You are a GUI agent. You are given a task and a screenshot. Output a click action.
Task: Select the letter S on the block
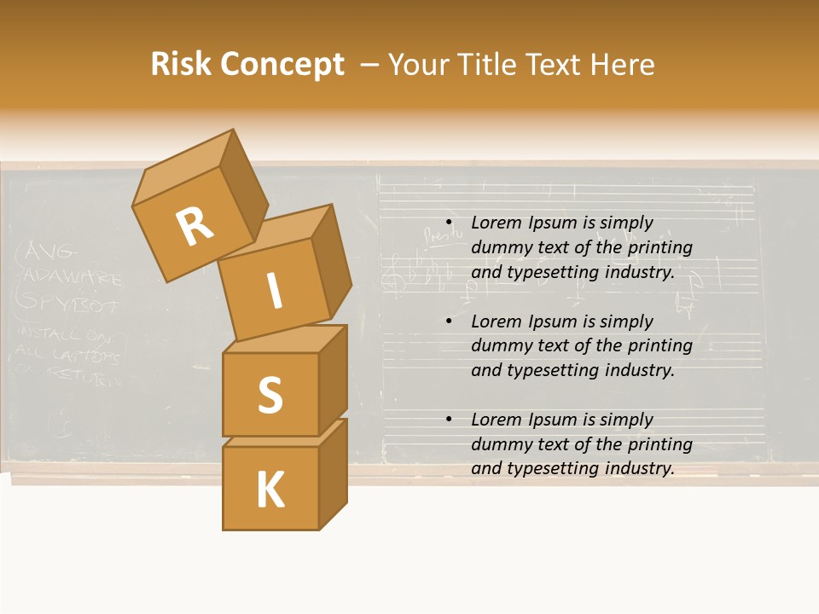click(270, 394)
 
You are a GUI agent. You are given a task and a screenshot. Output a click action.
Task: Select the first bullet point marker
click(449, 223)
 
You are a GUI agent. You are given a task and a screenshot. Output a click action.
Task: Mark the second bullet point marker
click(449, 321)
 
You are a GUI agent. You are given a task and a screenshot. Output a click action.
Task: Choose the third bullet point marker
click(449, 420)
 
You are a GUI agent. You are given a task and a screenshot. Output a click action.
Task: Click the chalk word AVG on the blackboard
click(51, 252)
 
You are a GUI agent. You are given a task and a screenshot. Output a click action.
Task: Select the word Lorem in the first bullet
click(495, 223)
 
